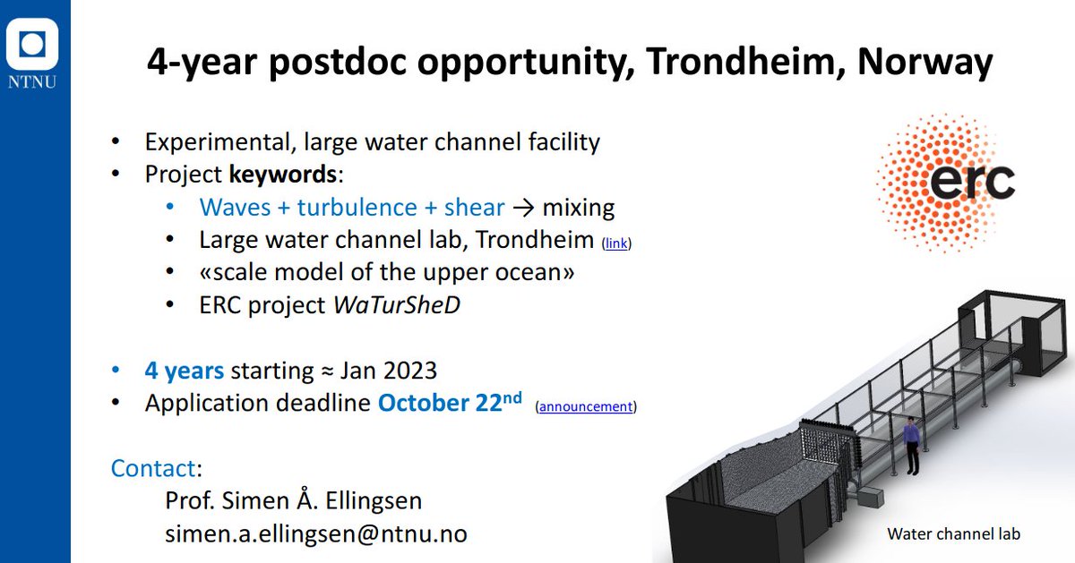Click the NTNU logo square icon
point(32,44)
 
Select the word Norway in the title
point(924,63)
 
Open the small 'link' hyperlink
point(616,243)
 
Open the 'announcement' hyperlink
point(586,406)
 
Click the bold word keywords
point(283,174)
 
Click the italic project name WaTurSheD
point(396,305)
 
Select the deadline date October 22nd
point(450,402)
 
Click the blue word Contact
point(153,468)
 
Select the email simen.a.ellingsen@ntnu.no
point(316,533)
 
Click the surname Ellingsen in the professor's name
point(374,500)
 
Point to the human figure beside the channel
point(911,446)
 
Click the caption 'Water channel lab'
point(953,533)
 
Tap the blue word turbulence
point(357,207)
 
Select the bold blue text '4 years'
point(185,371)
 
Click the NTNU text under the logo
point(32,81)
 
